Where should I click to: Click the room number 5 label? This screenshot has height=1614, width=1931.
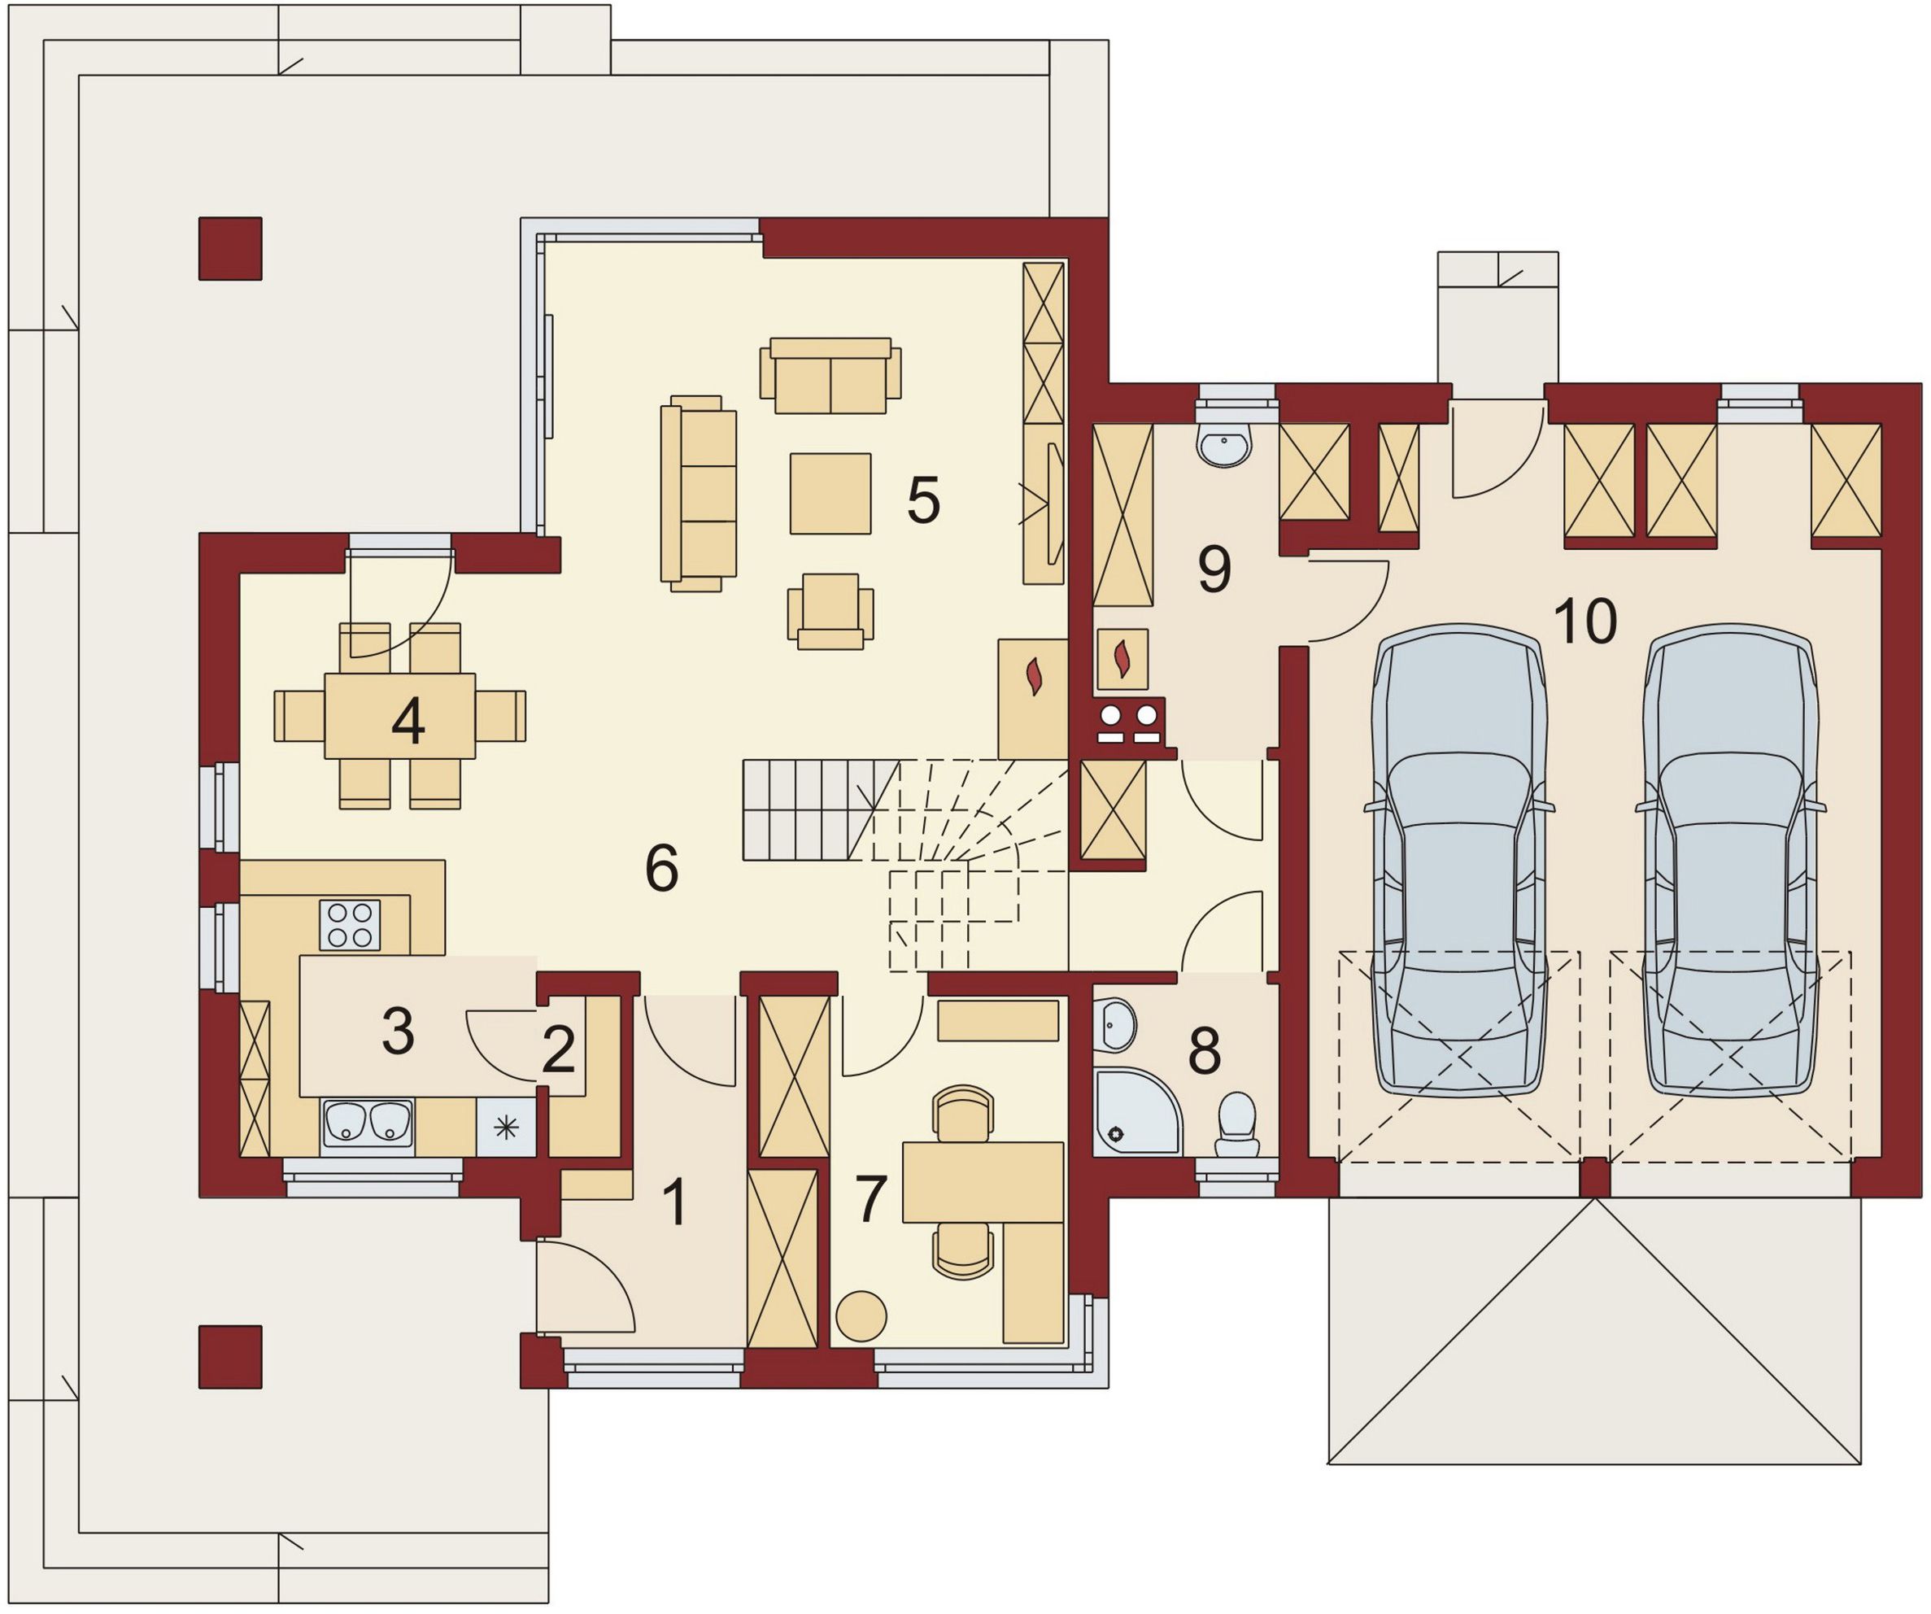pyautogui.click(x=923, y=501)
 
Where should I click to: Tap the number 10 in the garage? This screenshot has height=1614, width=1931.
pyautogui.click(x=1585, y=621)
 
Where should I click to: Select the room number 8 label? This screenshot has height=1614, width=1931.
pyautogui.click(x=1204, y=1050)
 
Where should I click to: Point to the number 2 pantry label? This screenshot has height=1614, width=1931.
pyautogui.click(x=559, y=1050)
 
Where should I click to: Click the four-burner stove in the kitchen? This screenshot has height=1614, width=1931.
pyautogui.click(x=350, y=924)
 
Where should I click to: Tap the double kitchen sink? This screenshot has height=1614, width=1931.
pyautogui.click(x=367, y=1122)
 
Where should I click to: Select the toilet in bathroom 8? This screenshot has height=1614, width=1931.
pyautogui.click(x=1236, y=1123)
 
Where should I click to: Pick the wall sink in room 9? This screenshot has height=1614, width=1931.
pyautogui.click(x=1224, y=444)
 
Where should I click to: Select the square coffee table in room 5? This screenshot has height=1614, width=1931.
pyautogui.click(x=830, y=493)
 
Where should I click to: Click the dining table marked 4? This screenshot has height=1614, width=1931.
pyautogui.click(x=400, y=717)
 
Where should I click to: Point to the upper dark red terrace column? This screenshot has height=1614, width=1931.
pyautogui.click(x=231, y=248)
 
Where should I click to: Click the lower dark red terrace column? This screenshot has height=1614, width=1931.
pyautogui.click(x=231, y=1356)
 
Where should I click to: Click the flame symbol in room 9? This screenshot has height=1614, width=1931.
pyautogui.click(x=1122, y=658)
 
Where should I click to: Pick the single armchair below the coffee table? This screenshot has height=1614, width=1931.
pyautogui.click(x=830, y=612)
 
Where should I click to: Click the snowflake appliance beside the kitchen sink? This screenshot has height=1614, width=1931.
pyautogui.click(x=506, y=1127)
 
